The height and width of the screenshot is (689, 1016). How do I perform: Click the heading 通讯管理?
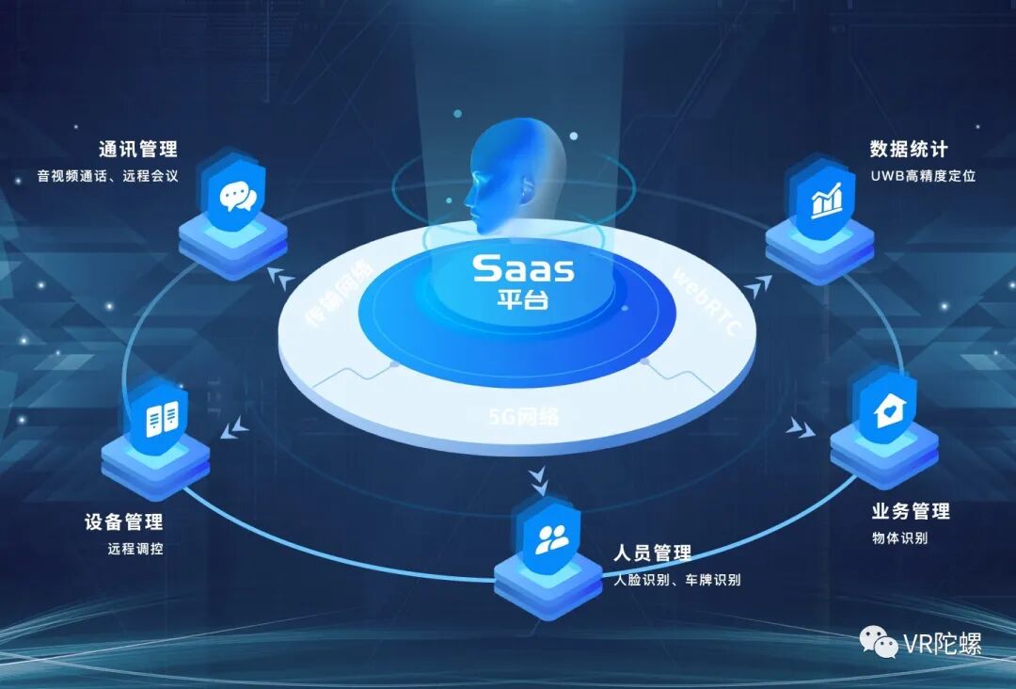point(138,150)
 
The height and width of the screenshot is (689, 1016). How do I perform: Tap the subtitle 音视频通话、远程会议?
point(107,176)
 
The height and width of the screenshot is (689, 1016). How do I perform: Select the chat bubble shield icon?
point(236,197)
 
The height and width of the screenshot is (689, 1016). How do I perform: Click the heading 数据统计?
point(909,150)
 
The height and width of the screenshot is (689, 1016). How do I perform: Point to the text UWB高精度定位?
point(923,176)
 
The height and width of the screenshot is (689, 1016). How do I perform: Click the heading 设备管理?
point(123,521)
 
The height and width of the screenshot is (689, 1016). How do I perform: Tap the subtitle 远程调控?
point(135,549)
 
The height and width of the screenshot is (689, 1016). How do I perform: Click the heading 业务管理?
point(911,511)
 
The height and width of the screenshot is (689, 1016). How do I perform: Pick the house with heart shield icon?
point(885,411)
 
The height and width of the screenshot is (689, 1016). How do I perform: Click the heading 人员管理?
point(652,553)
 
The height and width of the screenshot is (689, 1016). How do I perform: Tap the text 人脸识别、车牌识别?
point(676,580)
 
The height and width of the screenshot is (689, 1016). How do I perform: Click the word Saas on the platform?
point(523,268)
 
